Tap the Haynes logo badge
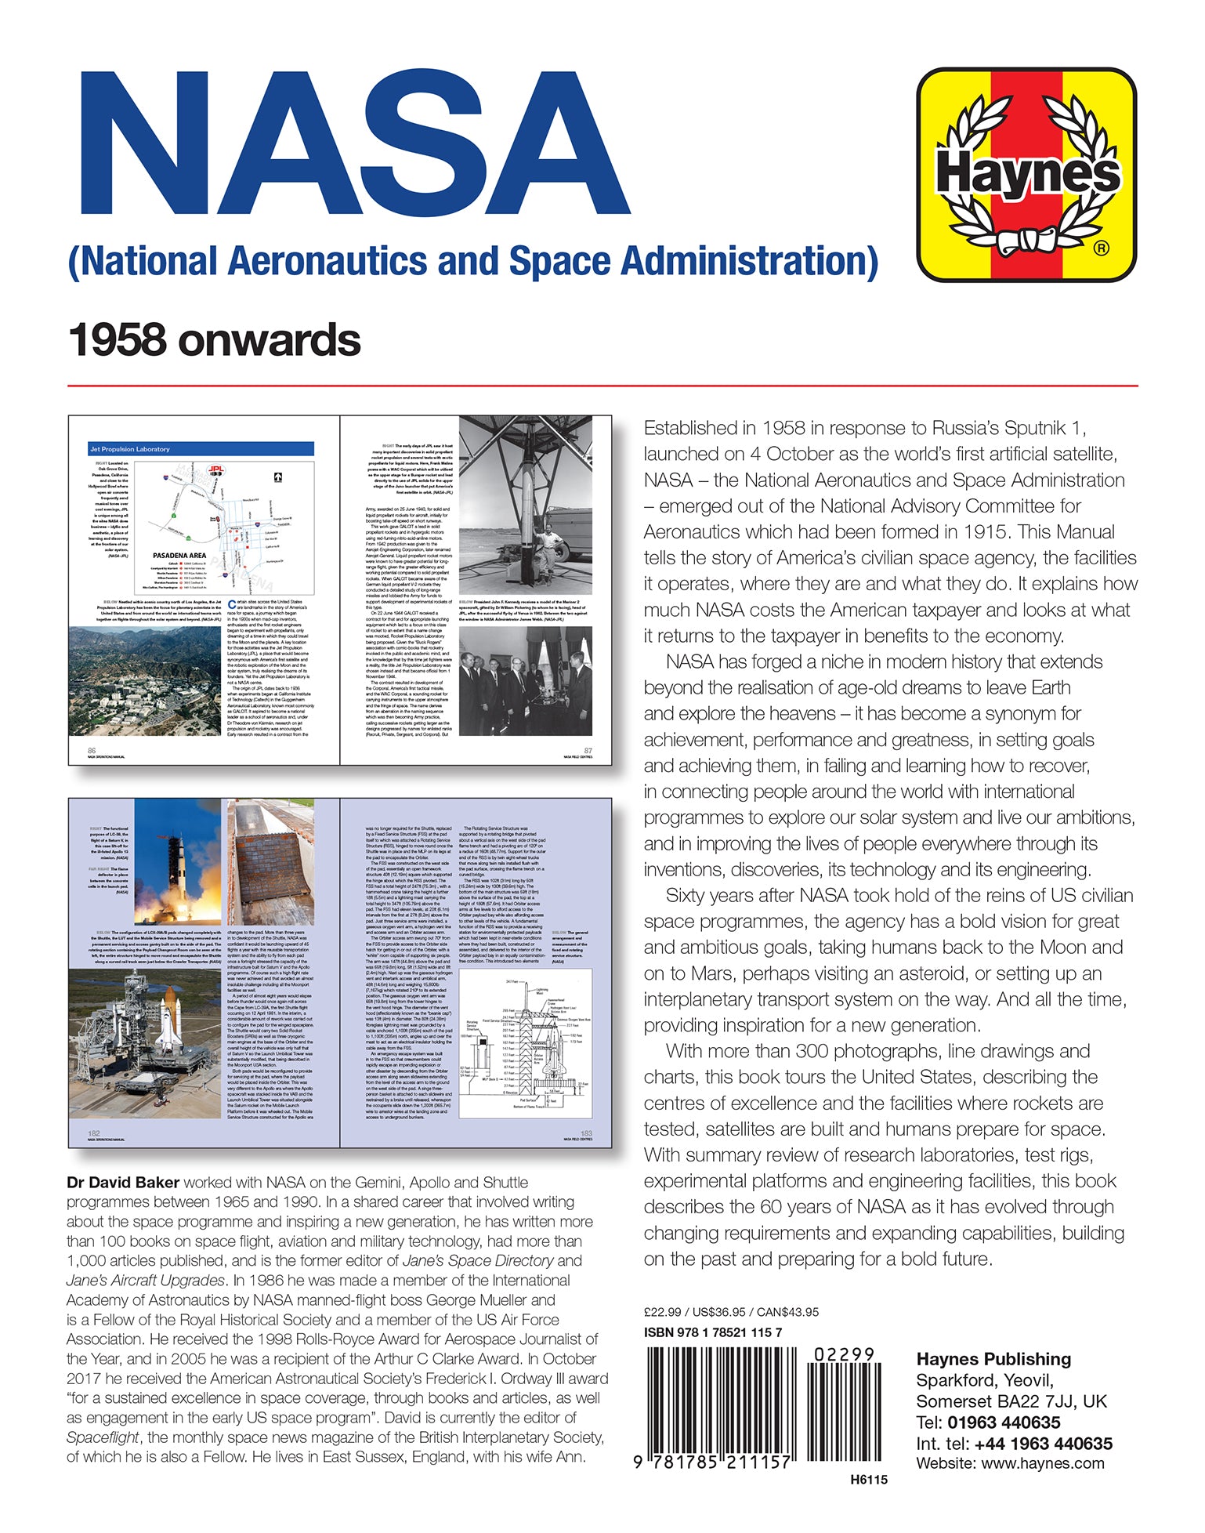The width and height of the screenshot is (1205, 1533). point(1026,175)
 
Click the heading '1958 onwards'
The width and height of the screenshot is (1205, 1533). point(214,340)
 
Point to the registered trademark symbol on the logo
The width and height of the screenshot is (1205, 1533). point(1101,249)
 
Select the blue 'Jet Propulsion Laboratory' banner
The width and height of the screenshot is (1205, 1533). point(201,449)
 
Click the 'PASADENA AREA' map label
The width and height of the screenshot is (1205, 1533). point(179,555)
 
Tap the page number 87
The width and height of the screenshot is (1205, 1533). point(588,751)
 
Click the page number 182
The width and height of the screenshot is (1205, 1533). point(94,1133)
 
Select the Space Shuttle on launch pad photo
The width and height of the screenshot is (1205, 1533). point(146,1042)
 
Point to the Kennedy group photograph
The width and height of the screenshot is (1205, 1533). point(525,681)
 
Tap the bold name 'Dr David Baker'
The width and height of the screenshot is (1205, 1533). point(123,1183)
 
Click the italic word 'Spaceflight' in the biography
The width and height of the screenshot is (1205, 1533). point(103,1437)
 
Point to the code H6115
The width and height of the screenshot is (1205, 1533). point(868,1480)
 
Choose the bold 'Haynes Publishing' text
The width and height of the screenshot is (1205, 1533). point(993,1359)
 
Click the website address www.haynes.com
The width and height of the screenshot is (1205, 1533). point(1042,1463)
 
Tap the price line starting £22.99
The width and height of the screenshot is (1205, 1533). point(731,1312)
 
